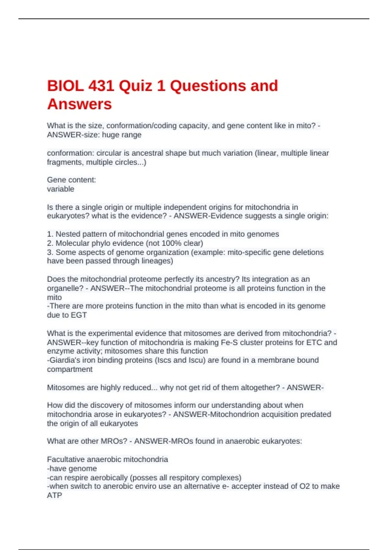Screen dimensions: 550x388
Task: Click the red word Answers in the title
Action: click(80, 104)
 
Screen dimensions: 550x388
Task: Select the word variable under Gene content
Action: click(60, 189)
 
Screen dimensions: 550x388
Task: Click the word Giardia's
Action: click(65, 360)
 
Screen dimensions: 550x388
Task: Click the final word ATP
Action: click(54, 495)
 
